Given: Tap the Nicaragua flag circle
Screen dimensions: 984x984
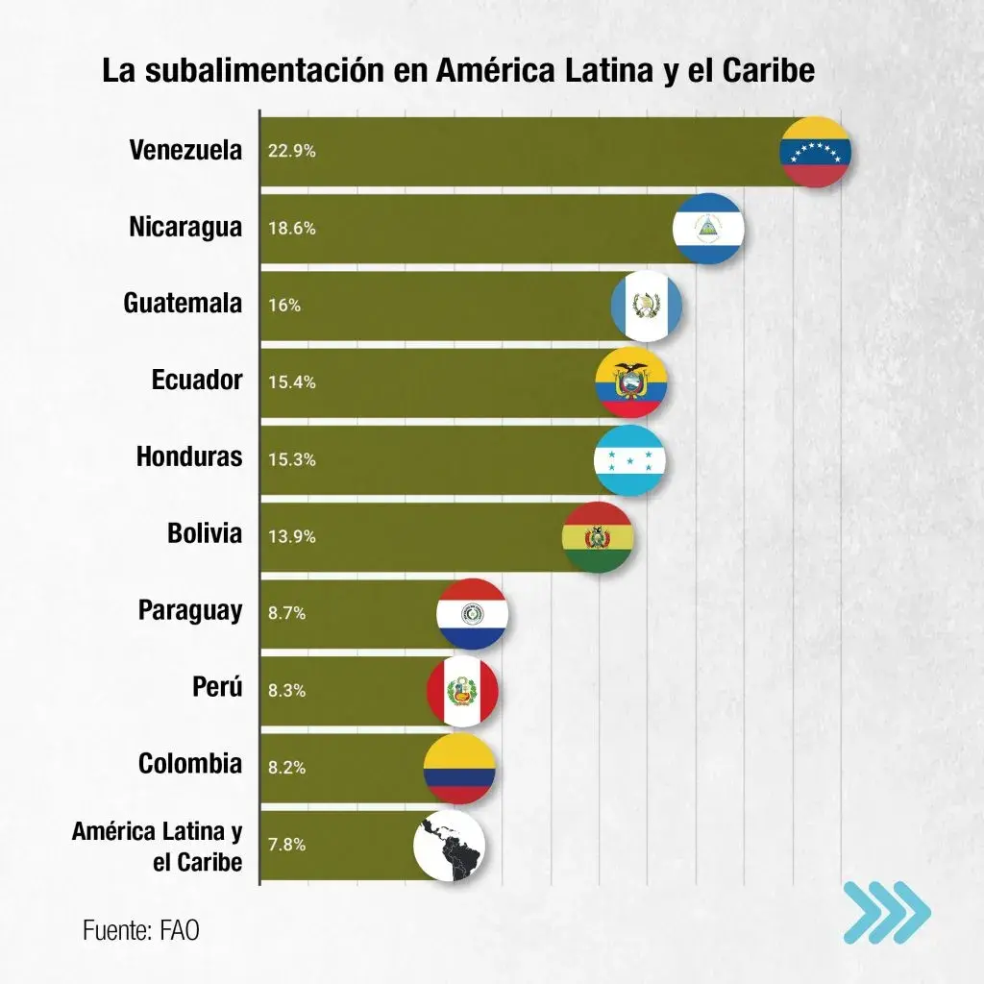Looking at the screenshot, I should (x=708, y=229).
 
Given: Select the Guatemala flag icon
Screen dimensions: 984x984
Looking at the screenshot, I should (x=647, y=306).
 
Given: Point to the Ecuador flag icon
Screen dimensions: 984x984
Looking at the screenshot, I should (x=631, y=382).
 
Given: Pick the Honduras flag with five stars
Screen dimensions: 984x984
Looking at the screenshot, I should (x=629, y=459).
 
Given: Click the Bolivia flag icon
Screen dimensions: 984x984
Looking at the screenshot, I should (x=598, y=536).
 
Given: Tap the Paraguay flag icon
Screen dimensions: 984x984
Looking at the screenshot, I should (x=472, y=613).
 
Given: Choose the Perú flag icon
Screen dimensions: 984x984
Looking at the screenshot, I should (x=463, y=690).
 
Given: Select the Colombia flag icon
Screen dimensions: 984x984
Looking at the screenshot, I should (x=459, y=767).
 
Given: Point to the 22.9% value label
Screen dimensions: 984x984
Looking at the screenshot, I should (x=292, y=152).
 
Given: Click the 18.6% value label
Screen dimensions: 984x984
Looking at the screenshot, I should (x=292, y=229).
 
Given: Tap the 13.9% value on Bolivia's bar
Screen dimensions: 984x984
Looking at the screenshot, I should (x=292, y=536).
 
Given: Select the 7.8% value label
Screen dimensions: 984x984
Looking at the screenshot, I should (x=287, y=845).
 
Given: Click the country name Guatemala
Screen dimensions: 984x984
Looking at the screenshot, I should (x=183, y=304).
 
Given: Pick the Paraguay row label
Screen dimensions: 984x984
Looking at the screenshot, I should (x=190, y=611).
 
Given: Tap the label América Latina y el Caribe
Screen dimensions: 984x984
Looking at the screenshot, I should (x=158, y=846).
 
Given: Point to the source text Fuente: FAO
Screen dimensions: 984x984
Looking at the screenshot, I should (x=141, y=930).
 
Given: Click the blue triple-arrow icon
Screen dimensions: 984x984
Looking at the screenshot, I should (x=886, y=911).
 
